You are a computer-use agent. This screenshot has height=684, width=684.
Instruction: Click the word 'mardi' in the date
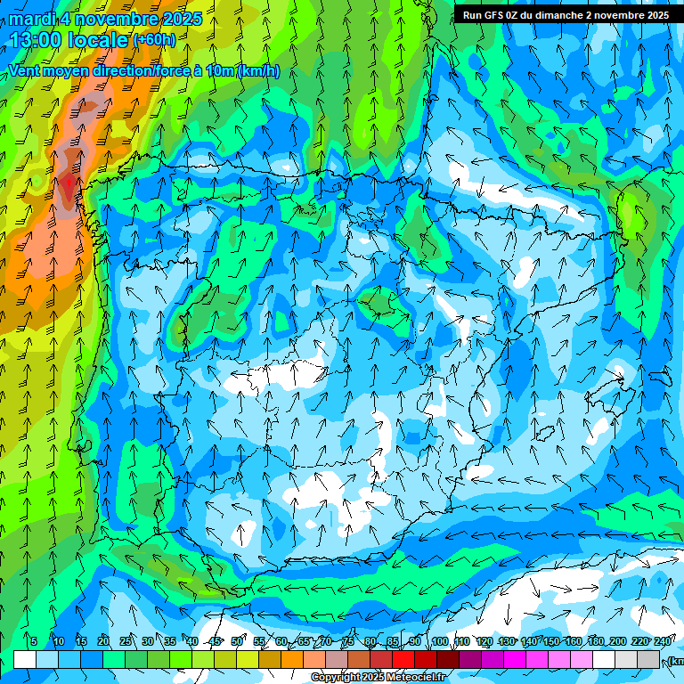point(30,19)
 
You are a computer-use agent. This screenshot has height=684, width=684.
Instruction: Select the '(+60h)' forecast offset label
point(154,39)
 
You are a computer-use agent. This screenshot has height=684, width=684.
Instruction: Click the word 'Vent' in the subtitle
point(24,70)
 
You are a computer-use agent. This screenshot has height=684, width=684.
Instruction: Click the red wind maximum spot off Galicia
point(69,183)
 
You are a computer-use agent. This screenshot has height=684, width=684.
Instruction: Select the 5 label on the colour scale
point(34,641)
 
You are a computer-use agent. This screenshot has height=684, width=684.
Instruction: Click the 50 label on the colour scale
point(237,641)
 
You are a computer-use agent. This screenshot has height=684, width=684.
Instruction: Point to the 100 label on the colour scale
point(440,641)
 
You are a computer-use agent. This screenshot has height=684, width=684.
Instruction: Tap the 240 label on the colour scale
point(662,641)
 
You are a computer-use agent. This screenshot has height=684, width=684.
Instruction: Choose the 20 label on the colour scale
point(103,641)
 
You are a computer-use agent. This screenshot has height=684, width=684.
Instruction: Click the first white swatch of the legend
point(25,659)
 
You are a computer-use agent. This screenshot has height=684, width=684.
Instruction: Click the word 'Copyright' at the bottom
point(336,678)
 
